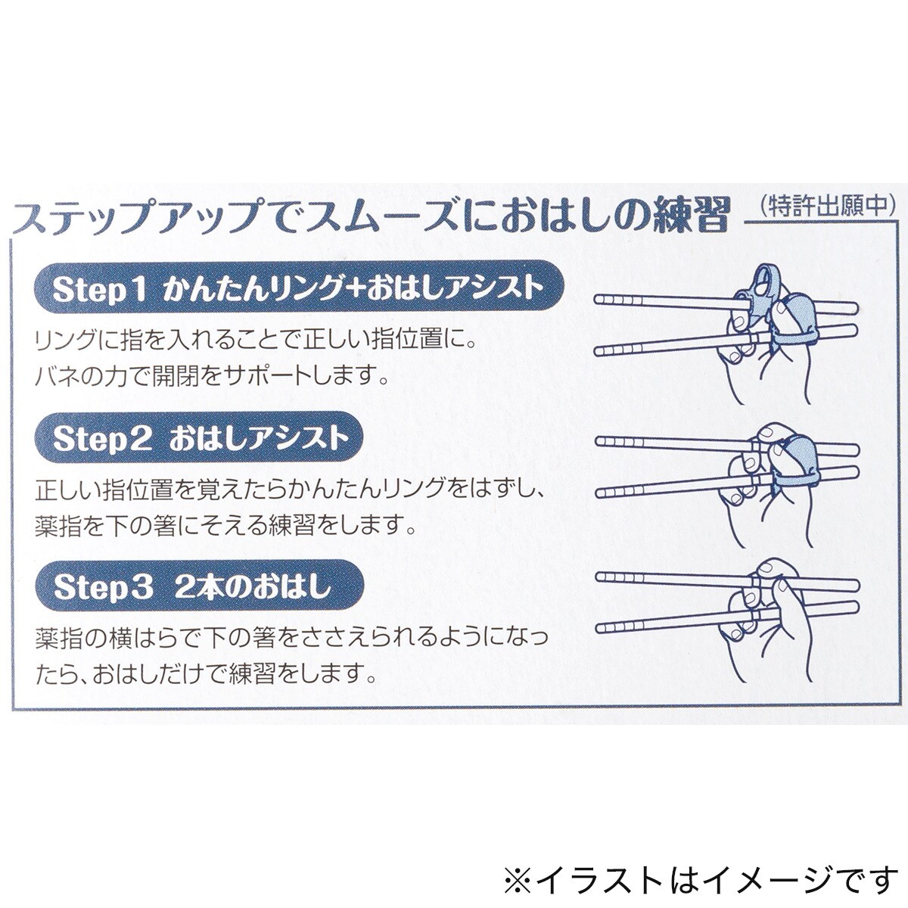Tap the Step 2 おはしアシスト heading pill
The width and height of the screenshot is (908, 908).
pyautogui.click(x=199, y=438)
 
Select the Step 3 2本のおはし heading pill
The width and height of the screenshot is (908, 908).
pyautogui.click(x=199, y=586)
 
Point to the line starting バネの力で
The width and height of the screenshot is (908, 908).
pyautogui.click(x=211, y=377)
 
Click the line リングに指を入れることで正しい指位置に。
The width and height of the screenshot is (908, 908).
pyautogui.click(x=253, y=341)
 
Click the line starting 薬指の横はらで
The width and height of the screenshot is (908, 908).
pyautogui.click(x=291, y=638)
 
